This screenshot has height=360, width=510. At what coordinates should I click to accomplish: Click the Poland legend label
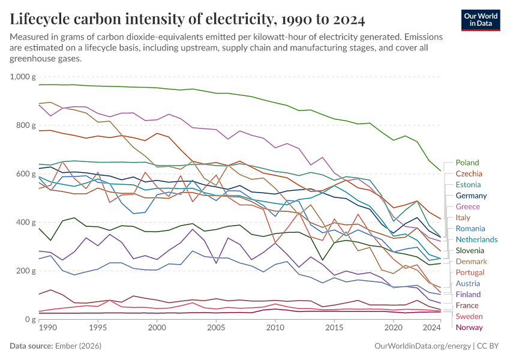[x=467, y=163]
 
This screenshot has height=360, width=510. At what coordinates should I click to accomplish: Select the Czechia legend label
[x=469, y=173]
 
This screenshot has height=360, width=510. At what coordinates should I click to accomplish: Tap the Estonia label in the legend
[x=468, y=185]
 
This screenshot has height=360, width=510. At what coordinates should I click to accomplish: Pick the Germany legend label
[x=471, y=196]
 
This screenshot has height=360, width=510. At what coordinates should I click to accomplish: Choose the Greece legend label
[x=467, y=206]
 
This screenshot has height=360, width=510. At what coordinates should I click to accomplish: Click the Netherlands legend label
[x=476, y=239]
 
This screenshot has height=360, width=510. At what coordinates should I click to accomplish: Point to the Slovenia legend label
[x=470, y=250]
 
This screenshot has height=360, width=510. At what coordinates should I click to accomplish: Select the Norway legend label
[x=469, y=327]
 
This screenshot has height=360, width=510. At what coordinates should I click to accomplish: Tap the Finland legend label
[x=468, y=294]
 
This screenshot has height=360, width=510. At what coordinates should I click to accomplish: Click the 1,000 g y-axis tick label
[x=23, y=77]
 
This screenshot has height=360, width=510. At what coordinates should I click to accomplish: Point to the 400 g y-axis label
[x=26, y=222]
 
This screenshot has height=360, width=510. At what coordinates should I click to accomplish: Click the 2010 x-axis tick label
[x=275, y=329]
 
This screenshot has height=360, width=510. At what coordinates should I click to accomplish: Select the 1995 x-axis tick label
[x=98, y=329]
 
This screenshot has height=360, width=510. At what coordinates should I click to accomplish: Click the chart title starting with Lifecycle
[x=187, y=19]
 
